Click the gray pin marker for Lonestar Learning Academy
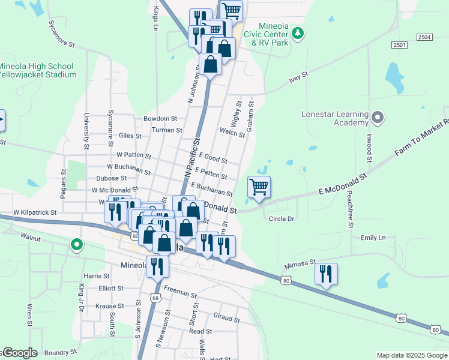point(378,117)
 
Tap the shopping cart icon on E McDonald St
point(259,187)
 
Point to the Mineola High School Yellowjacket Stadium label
point(37,70)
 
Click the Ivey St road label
point(298,76)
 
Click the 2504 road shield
point(424,37)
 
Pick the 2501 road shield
point(399,46)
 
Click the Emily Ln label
point(373,238)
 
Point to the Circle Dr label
point(282,218)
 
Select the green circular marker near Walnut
point(76,245)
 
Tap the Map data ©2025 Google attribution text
point(411,355)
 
